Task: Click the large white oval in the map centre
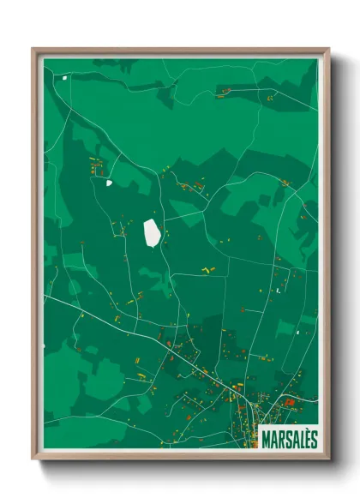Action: pyautogui.click(x=152, y=231)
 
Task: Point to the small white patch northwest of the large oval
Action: pyautogui.click(x=109, y=182)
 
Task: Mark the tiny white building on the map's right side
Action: pyautogui.click(x=278, y=291)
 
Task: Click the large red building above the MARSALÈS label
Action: pyautogui.click(x=290, y=401)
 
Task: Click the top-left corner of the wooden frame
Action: pyautogui.click(x=34, y=50)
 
